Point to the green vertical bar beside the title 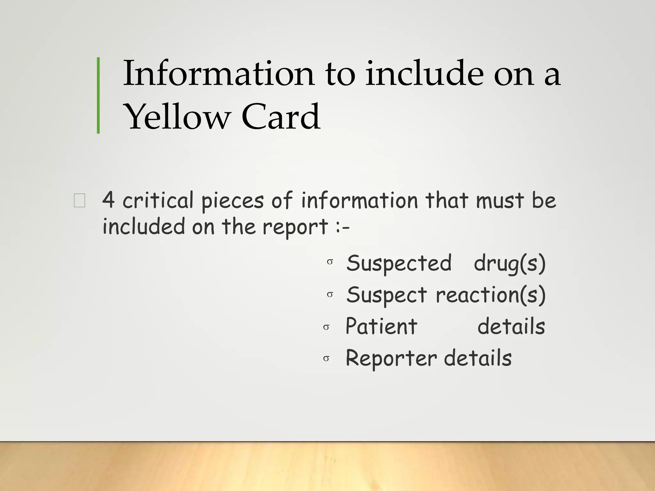pos(98,95)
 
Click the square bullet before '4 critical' pos(79,201)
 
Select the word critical pos(158,201)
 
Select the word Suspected pos(399,263)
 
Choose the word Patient pos(381,327)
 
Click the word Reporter pos(391,358)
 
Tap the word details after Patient pos(511,327)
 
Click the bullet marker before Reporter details pos(326,359)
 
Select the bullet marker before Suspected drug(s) pos(330,262)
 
